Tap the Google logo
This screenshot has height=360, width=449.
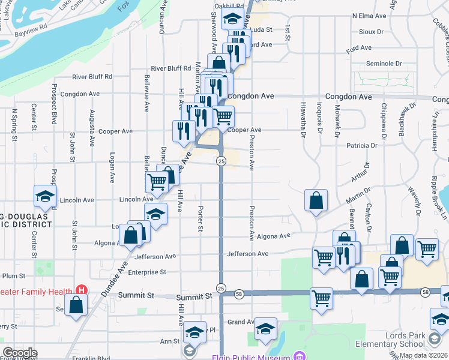click(20, 353)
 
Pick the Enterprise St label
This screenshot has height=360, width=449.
click(142, 272)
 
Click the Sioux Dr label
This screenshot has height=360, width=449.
click(372, 32)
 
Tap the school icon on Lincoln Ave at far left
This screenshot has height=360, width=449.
click(45, 196)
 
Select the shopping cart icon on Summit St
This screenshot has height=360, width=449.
click(322, 298)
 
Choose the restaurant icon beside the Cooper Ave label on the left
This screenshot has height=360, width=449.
click(183, 131)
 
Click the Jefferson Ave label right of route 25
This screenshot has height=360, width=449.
click(247, 254)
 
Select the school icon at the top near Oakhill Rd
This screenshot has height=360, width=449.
click(232, 19)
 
